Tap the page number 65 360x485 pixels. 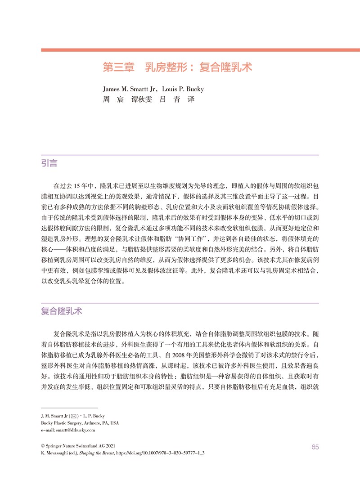[x=315, y=447]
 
